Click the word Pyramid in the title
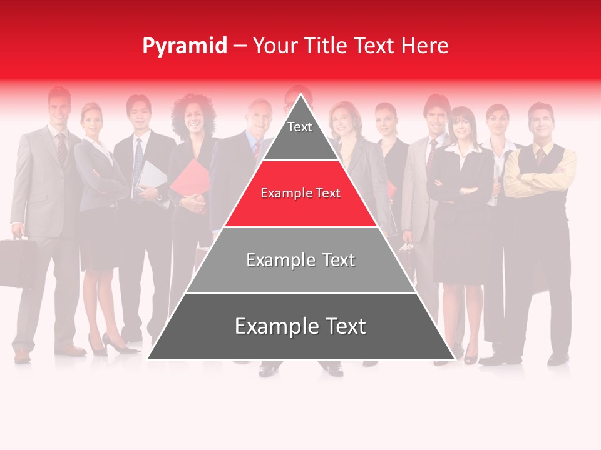(x=184, y=46)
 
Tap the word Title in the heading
(x=325, y=46)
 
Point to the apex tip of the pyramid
(x=301, y=95)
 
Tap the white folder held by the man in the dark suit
(x=152, y=178)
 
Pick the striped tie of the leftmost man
(x=62, y=150)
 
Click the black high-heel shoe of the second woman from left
(x=116, y=344)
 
